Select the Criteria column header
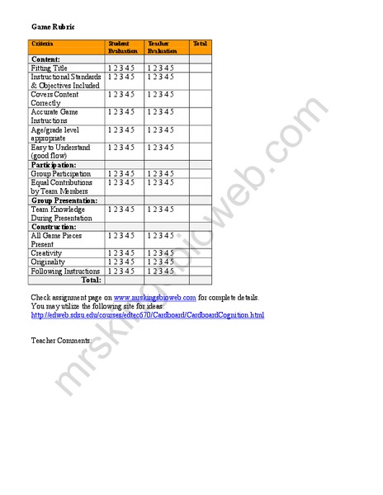(42, 43)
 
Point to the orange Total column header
(200, 43)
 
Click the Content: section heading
(46, 59)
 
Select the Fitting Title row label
(50, 68)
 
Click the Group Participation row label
(60, 174)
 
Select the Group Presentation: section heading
(64, 200)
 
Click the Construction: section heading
(54, 226)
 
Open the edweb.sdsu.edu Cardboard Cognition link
(148, 314)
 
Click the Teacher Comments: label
(61, 340)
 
